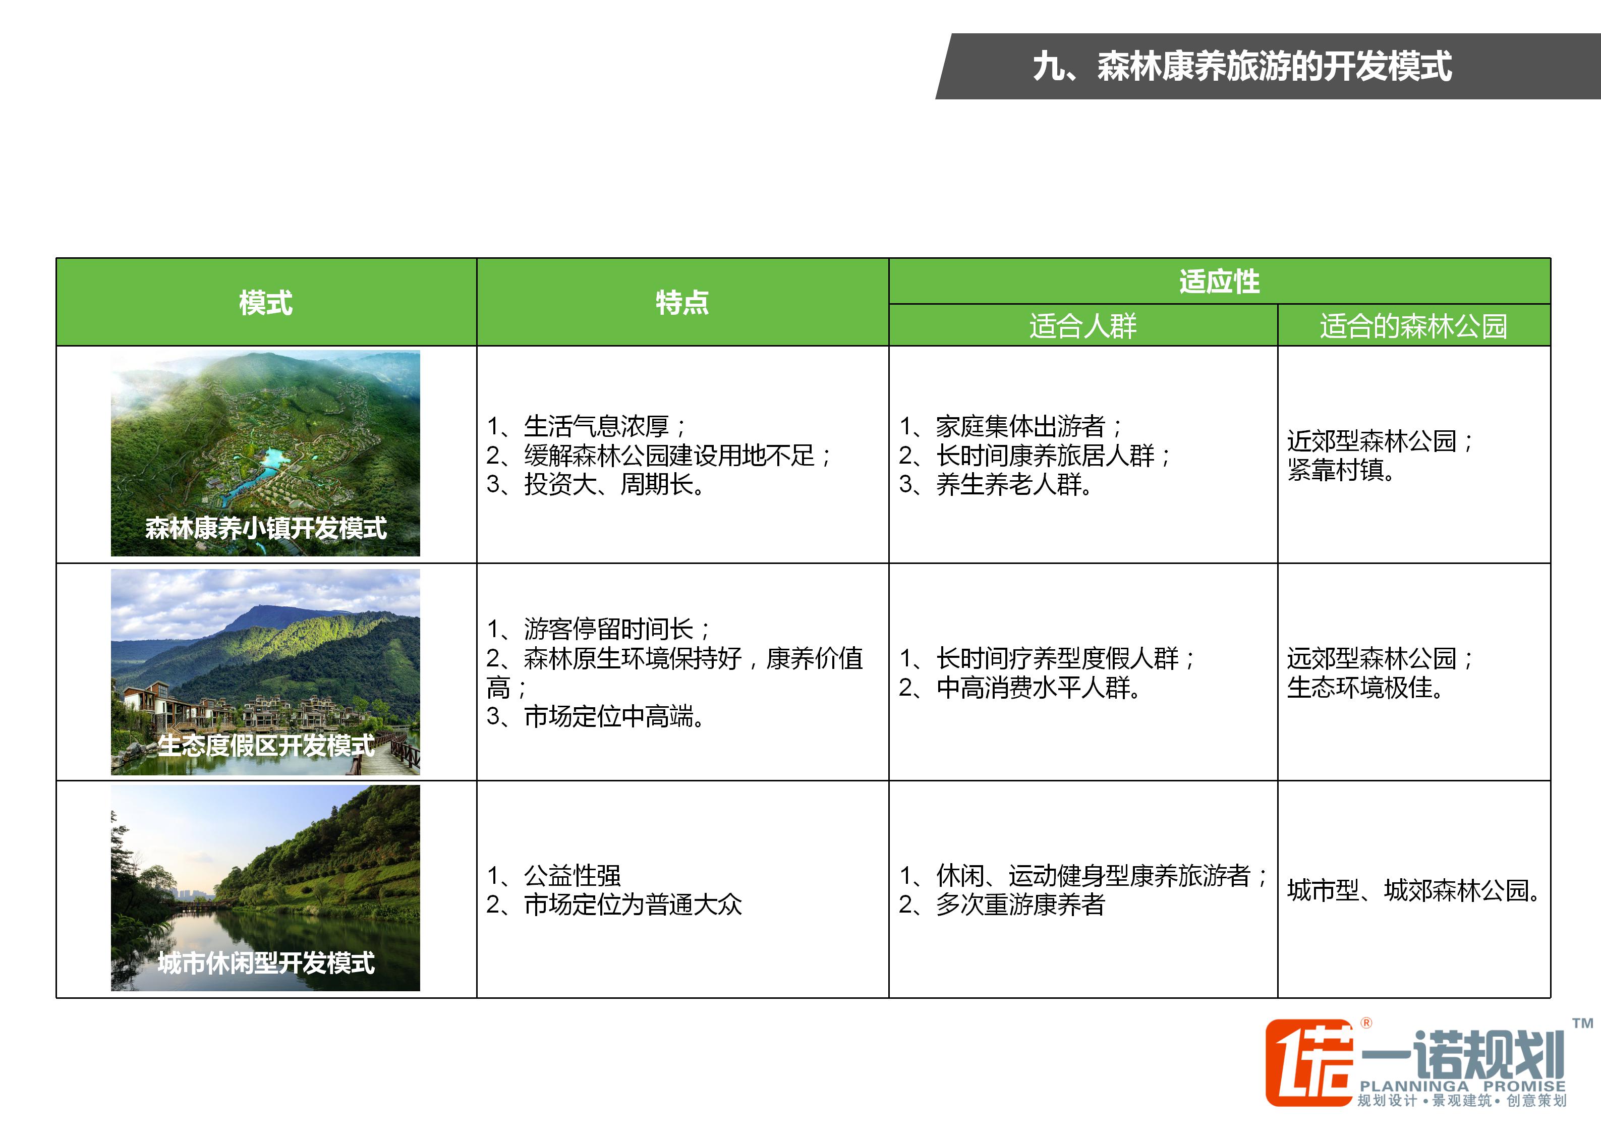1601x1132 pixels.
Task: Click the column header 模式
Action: (x=266, y=303)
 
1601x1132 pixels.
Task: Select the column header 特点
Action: (x=682, y=303)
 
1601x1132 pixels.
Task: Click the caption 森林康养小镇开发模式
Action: (x=266, y=528)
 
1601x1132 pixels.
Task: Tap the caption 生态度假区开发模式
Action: (x=266, y=745)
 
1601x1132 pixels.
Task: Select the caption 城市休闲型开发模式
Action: (x=266, y=963)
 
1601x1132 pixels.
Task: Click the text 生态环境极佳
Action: (x=1365, y=688)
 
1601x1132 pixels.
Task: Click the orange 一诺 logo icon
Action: (x=1308, y=1062)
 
